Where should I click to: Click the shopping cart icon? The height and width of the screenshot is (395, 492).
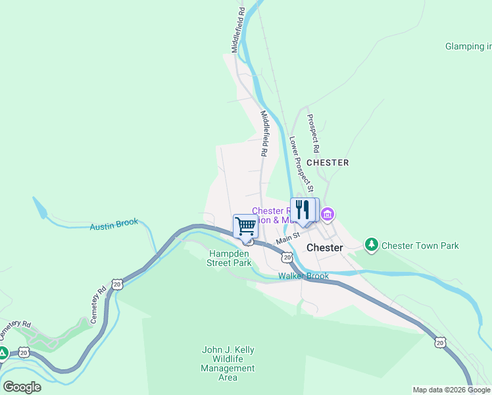click(x=245, y=226)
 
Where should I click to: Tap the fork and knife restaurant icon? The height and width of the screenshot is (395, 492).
click(x=302, y=210)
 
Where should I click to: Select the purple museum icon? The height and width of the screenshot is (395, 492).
click(x=328, y=214)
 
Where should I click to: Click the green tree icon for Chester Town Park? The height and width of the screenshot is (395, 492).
click(x=372, y=245)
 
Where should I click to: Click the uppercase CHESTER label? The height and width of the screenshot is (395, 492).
click(x=328, y=162)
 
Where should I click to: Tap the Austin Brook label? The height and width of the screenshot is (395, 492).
click(x=114, y=224)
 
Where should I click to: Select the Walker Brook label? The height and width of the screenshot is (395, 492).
click(x=303, y=276)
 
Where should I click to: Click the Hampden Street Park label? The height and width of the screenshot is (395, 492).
click(x=230, y=258)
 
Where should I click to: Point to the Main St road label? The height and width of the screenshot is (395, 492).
click(x=287, y=238)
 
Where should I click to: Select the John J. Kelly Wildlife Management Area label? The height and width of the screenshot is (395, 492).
click(x=228, y=363)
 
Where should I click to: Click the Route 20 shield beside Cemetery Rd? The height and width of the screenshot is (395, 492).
click(x=116, y=284)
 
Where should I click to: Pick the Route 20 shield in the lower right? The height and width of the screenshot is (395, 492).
click(x=439, y=342)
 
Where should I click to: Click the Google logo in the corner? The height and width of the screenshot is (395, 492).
click(x=22, y=386)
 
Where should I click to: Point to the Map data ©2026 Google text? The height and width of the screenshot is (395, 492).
click(x=451, y=390)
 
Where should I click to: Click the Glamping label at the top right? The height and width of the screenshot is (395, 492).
click(x=468, y=47)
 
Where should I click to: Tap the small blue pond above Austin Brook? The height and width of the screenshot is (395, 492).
click(x=40, y=207)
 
